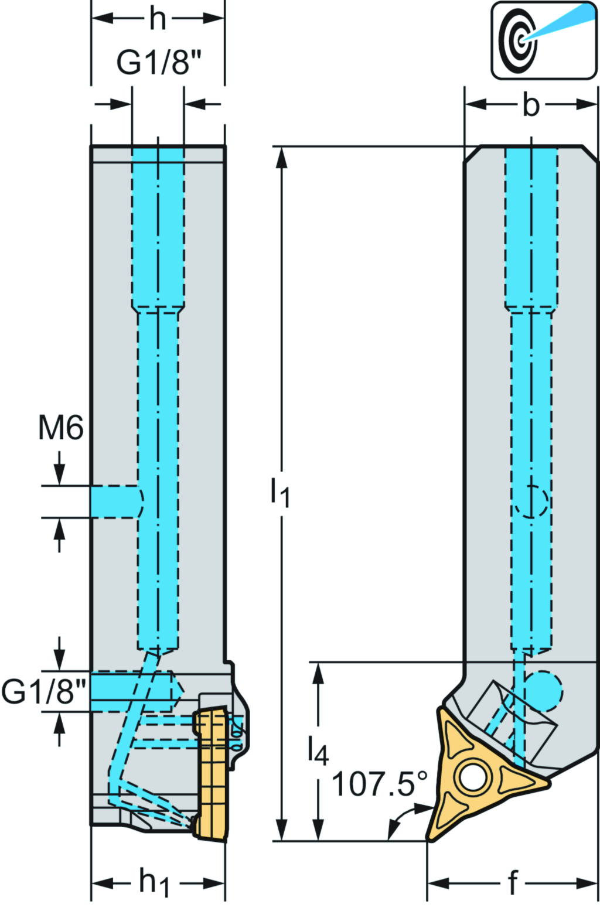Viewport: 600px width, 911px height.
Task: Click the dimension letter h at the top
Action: (158, 19)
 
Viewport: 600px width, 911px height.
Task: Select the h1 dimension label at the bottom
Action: (154, 882)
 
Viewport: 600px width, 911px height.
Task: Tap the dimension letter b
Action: (531, 105)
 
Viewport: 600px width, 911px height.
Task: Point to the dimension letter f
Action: (513, 882)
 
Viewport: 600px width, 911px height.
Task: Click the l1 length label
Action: (280, 492)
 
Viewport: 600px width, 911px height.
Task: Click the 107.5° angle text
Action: (380, 784)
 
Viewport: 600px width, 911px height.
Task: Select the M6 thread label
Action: (60, 428)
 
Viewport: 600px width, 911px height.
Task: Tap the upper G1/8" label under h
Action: (159, 62)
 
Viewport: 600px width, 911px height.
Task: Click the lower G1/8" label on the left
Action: (44, 691)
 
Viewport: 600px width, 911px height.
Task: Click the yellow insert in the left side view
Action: (212, 773)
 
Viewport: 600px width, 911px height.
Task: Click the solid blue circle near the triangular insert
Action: (543, 690)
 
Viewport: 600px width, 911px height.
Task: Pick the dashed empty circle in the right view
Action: (531, 501)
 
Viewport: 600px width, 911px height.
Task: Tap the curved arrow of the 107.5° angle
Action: (404, 817)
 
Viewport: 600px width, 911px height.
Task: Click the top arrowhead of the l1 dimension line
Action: (282, 155)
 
